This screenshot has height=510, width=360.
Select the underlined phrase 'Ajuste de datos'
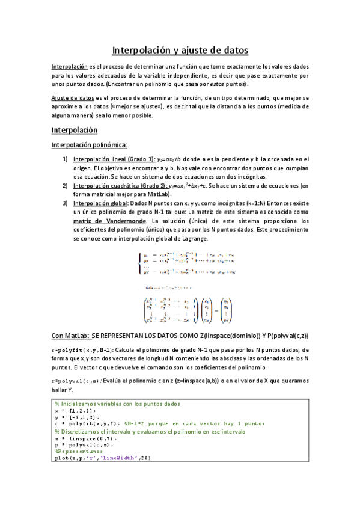[x=70, y=97]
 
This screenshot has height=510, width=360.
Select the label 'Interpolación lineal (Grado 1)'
[x=114, y=159]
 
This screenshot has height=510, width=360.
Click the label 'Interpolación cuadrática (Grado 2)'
[x=120, y=186]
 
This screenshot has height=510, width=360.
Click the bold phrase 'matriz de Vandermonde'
[x=107, y=221]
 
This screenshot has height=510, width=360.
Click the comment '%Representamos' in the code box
[x=79, y=450]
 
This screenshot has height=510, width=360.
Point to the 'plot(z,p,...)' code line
[x=102, y=458]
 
